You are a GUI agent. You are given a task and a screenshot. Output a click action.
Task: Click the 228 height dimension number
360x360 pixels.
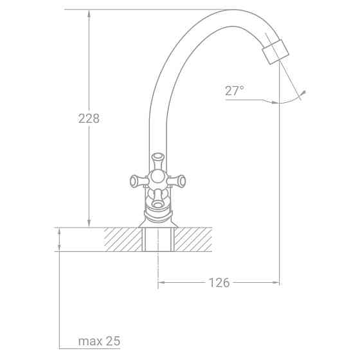click(x=89, y=118)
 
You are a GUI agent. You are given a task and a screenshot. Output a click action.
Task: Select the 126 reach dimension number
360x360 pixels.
click(x=219, y=282)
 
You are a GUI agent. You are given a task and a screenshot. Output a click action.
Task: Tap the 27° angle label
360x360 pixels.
click(x=234, y=91)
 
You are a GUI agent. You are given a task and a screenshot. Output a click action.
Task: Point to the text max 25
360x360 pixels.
click(x=99, y=341)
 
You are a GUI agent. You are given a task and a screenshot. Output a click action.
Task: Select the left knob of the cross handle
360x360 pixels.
click(x=135, y=181)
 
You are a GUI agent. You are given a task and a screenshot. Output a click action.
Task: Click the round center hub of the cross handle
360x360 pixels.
click(x=157, y=179)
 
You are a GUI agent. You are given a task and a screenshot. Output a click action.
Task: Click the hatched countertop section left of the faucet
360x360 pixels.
click(x=122, y=239)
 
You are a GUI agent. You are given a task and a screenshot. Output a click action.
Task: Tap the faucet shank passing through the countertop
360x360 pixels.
click(x=157, y=239)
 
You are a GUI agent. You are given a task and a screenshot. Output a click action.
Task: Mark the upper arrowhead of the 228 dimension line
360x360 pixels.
click(x=88, y=14)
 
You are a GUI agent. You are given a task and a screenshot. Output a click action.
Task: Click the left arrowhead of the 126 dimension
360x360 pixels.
click(x=161, y=282)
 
